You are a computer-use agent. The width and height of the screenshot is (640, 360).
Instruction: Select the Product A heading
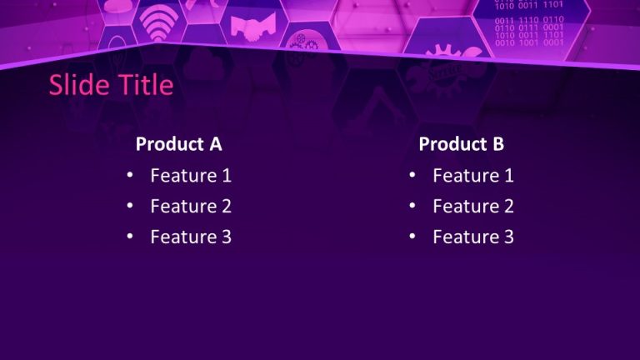tap(178, 144)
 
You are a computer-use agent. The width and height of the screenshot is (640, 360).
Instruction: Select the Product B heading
tap(461, 144)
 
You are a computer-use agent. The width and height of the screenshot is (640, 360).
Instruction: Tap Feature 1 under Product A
tap(191, 176)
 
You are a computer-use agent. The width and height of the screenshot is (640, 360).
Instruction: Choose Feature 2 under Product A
tap(191, 207)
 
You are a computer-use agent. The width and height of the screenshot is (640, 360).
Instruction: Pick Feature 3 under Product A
tap(191, 237)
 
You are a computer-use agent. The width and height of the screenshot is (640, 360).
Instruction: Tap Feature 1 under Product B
tap(473, 176)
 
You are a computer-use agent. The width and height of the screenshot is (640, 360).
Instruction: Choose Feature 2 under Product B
tap(473, 207)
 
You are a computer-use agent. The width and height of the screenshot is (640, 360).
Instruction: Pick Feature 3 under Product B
tap(473, 237)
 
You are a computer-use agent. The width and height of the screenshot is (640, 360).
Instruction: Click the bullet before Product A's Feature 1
tap(129, 176)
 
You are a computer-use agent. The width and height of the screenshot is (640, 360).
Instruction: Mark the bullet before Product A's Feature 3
tap(129, 237)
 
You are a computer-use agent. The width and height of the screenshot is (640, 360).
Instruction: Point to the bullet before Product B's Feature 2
tap(412, 207)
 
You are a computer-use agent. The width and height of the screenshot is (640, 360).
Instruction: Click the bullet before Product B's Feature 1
tap(412, 176)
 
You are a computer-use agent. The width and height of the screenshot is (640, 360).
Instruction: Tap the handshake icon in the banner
tap(247, 28)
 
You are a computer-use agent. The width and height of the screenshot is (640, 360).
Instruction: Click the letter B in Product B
tap(497, 144)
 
